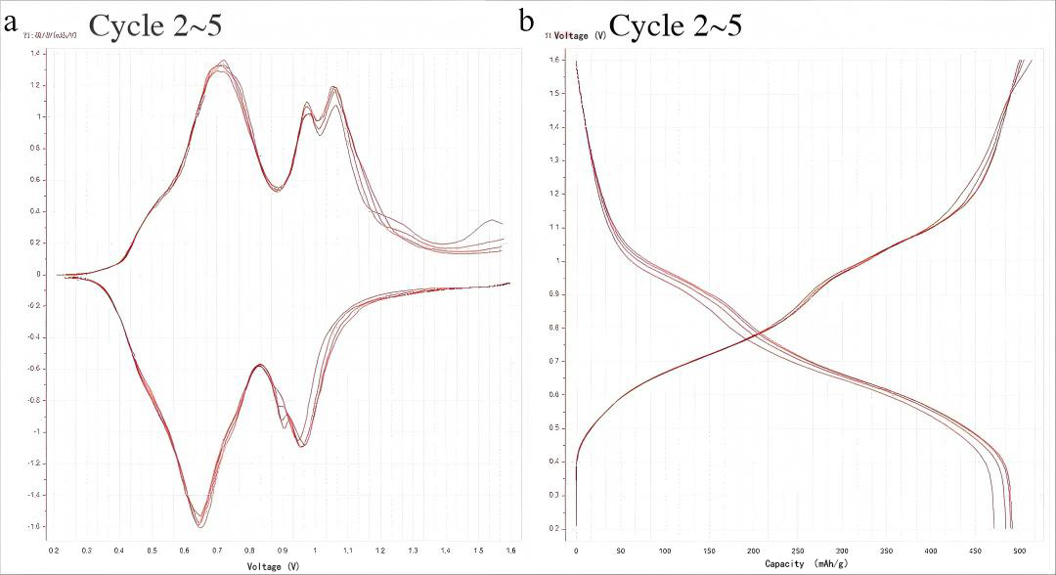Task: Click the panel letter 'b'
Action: coord(526,20)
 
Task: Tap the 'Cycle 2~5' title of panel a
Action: coord(155,24)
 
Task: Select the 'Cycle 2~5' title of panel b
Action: coord(675,24)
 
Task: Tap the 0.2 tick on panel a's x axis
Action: coord(55,552)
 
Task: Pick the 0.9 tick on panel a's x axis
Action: coord(283,552)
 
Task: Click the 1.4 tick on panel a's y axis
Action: coord(35,54)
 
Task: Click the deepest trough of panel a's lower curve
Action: coord(198,525)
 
